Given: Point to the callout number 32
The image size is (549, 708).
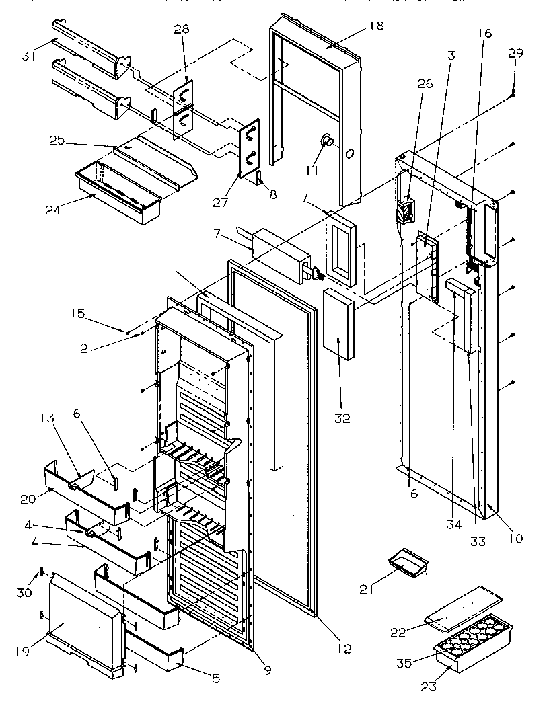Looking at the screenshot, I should pyautogui.click(x=342, y=418).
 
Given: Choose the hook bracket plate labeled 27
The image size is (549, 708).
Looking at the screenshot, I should pyautogui.click(x=250, y=147).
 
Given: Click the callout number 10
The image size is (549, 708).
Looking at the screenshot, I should pyautogui.click(x=516, y=538).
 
